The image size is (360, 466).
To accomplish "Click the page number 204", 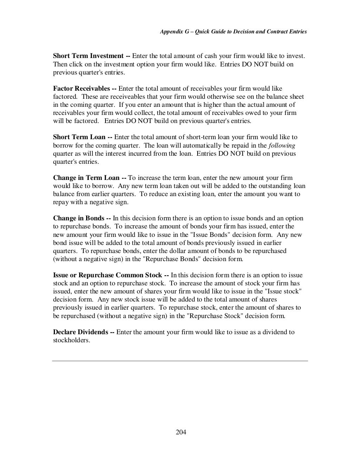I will click(181, 432).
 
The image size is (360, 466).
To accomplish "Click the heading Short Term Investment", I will click(88, 56).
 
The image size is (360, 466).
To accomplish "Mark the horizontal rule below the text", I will click(180, 361).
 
